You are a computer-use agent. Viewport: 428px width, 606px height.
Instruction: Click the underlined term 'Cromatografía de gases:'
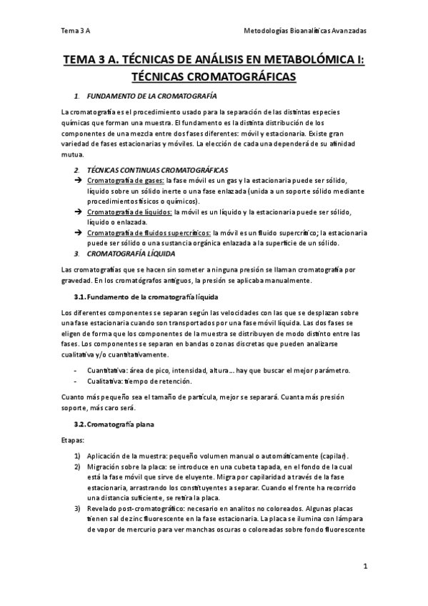click(x=124, y=182)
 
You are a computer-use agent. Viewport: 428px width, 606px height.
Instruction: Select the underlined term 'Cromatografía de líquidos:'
click(x=129, y=212)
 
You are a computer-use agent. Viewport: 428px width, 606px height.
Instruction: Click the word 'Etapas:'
click(x=72, y=441)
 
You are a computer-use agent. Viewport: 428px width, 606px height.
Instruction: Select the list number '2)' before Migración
click(x=78, y=467)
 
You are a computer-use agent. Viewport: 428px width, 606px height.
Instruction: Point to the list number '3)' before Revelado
click(x=78, y=508)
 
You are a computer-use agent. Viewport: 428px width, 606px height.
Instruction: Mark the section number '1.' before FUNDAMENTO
click(x=76, y=96)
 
